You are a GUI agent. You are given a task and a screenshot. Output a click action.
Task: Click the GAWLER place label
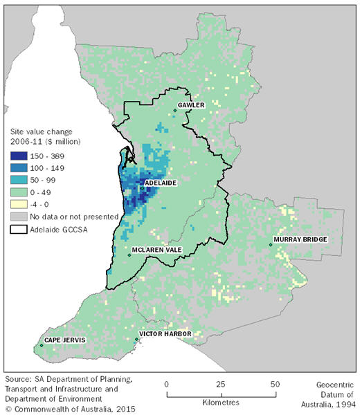pos(190,106)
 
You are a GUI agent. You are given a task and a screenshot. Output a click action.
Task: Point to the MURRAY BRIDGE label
pos(299,239)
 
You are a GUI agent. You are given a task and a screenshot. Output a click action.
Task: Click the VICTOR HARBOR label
pos(165,334)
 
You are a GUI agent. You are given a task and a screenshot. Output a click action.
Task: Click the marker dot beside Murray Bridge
pos(271,244)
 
